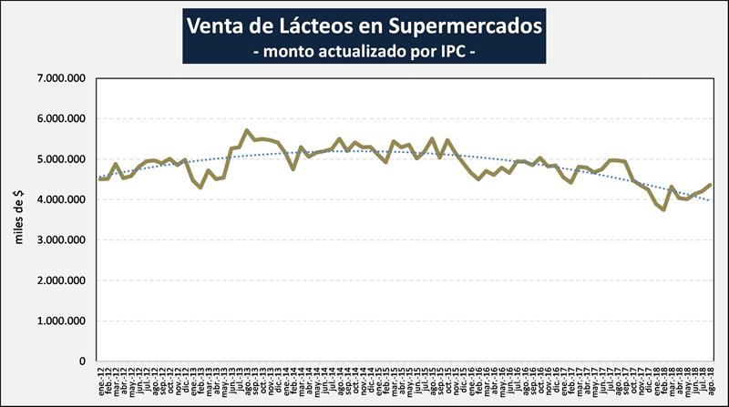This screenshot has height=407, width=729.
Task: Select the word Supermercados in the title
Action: tap(455, 25)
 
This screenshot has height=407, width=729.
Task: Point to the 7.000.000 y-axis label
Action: tap(61, 79)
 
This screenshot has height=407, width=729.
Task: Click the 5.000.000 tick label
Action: tap(61, 160)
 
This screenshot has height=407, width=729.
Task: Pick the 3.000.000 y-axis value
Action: tap(61, 240)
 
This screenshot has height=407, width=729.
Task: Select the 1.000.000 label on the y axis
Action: tap(61, 321)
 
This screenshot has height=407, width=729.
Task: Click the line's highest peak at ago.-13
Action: tap(246, 131)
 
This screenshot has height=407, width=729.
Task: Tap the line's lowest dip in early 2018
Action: tap(663, 209)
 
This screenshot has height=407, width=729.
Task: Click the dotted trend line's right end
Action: tap(710, 200)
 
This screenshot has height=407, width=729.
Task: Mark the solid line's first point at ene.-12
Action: tap(100, 178)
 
